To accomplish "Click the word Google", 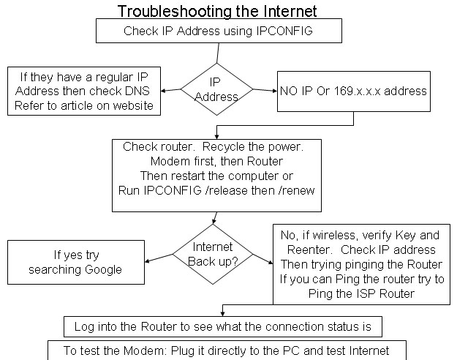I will coord(105,270).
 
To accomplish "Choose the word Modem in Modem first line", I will coord(167,161).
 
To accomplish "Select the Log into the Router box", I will coord(222,326).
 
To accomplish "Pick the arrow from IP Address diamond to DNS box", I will coord(170,91).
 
